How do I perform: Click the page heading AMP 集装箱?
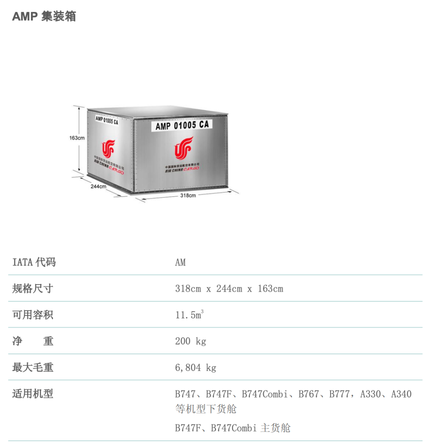(44, 16)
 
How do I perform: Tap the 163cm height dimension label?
(76, 138)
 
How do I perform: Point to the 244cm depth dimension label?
(98, 186)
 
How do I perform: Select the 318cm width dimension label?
(188, 196)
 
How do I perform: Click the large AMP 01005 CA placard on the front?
(182, 126)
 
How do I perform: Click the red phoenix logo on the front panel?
(184, 148)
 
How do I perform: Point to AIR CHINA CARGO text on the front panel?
(182, 169)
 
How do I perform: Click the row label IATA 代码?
(34, 262)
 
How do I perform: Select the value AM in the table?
(180, 263)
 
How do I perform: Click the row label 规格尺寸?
(33, 289)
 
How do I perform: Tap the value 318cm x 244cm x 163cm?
(229, 289)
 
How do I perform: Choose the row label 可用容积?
(33, 315)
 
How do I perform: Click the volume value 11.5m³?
(189, 315)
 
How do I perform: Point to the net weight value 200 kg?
(191, 342)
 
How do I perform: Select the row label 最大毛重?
(33, 367)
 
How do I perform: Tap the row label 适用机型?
(33, 394)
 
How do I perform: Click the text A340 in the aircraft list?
(401, 394)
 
